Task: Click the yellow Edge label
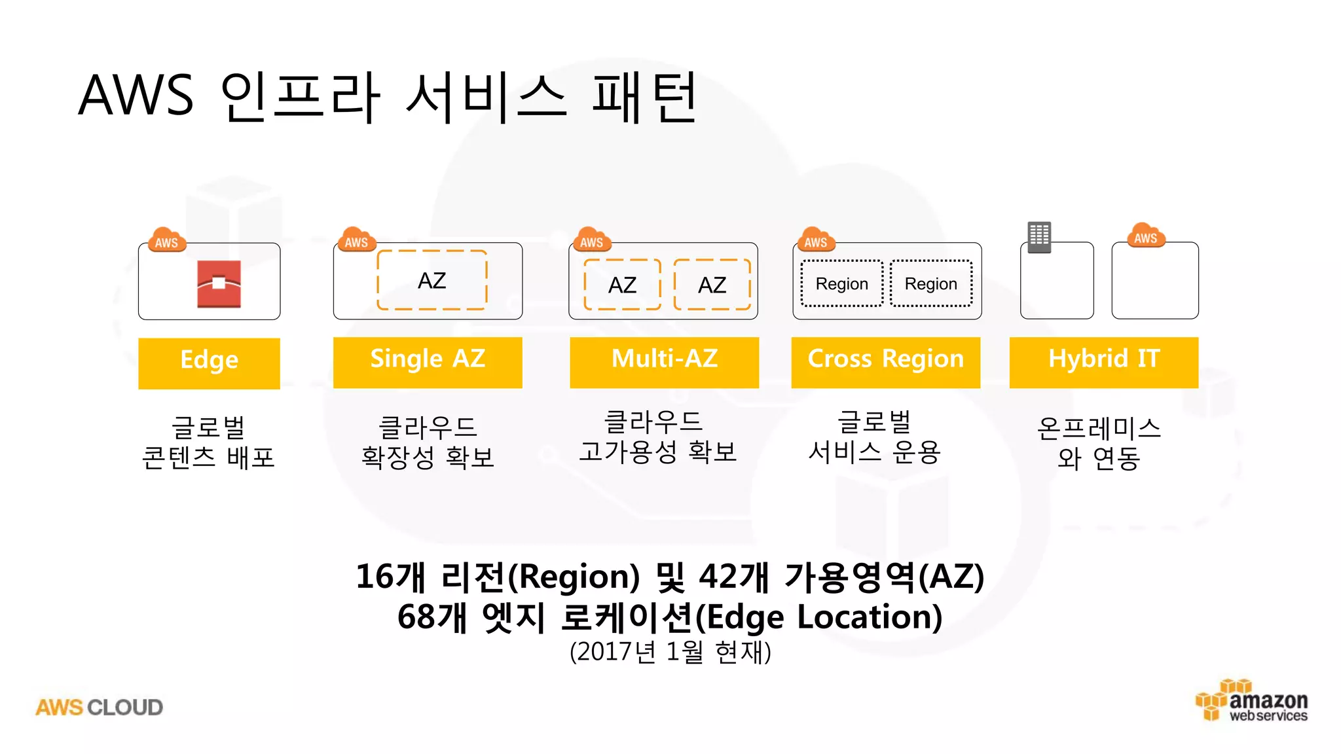[209, 363]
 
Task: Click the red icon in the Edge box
[219, 283]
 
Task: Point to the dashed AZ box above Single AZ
[432, 280]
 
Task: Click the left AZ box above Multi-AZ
[622, 285]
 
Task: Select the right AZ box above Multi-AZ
[712, 285]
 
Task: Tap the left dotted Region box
[841, 283]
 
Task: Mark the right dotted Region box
[930, 283]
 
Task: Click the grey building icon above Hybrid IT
[1039, 237]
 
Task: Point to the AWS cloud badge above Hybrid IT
[1145, 236]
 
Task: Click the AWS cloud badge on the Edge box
[167, 241]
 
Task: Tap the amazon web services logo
[1252, 701]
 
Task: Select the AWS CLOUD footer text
[99, 708]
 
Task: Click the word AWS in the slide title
[136, 96]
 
